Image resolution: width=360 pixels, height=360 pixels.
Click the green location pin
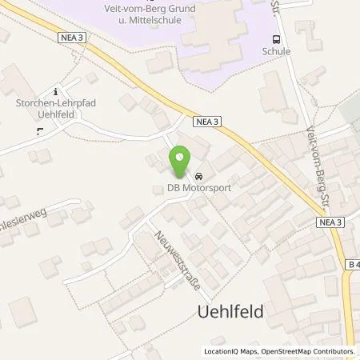tap(180, 162)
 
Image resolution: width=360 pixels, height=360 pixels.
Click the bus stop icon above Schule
tap(276, 38)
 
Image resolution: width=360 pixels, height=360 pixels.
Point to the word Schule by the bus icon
tap(276, 51)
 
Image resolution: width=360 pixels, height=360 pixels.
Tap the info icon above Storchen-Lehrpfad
tap(54, 91)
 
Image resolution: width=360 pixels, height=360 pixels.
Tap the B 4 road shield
tap(353, 263)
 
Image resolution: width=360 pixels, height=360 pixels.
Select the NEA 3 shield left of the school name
tap(71, 36)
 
